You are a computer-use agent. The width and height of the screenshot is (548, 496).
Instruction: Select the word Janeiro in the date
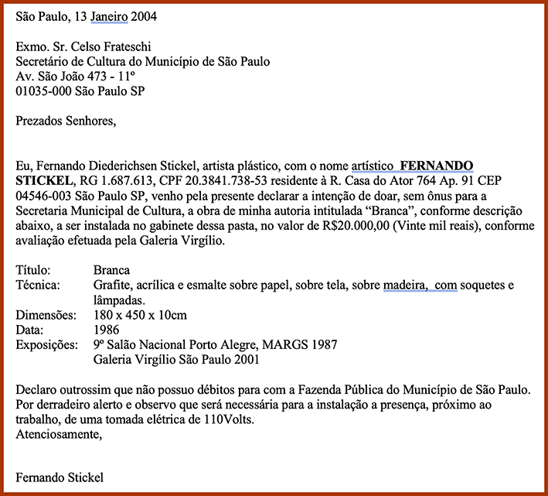pyautogui.click(x=111, y=15)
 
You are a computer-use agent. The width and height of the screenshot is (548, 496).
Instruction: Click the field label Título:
pyautogui.click(x=33, y=270)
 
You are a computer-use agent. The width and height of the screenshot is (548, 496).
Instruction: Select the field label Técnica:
pyautogui.click(x=38, y=286)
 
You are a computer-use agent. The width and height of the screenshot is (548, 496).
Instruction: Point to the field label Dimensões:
pyautogui.click(x=46, y=315)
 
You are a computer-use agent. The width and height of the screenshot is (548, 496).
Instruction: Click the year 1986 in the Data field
pyautogui.click(x=106, y=330)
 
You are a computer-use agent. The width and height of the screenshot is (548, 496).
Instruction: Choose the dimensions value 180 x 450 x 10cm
pyautogui.click(x=140, y=315)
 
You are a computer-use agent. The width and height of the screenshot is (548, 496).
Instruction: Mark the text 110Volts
pyautogui.click(x=227, y=419)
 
